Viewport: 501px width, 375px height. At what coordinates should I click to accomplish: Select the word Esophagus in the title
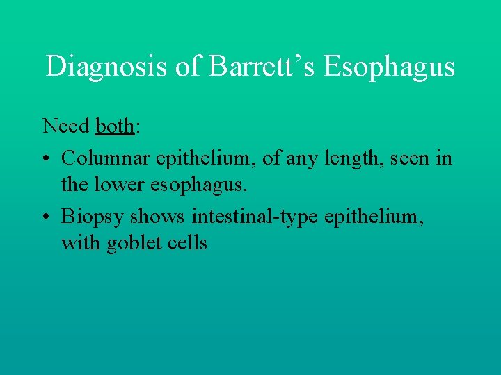[x=389, y=67]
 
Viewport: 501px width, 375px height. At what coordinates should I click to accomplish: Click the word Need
[x=66, y=126]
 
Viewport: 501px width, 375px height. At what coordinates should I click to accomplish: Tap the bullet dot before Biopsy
[x=47, y=217]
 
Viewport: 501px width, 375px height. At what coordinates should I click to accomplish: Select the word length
[x=343, y=159]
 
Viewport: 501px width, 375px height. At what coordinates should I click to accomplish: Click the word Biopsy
[x=90, y=217]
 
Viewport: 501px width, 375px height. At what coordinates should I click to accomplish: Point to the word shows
[x=155, y=217]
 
